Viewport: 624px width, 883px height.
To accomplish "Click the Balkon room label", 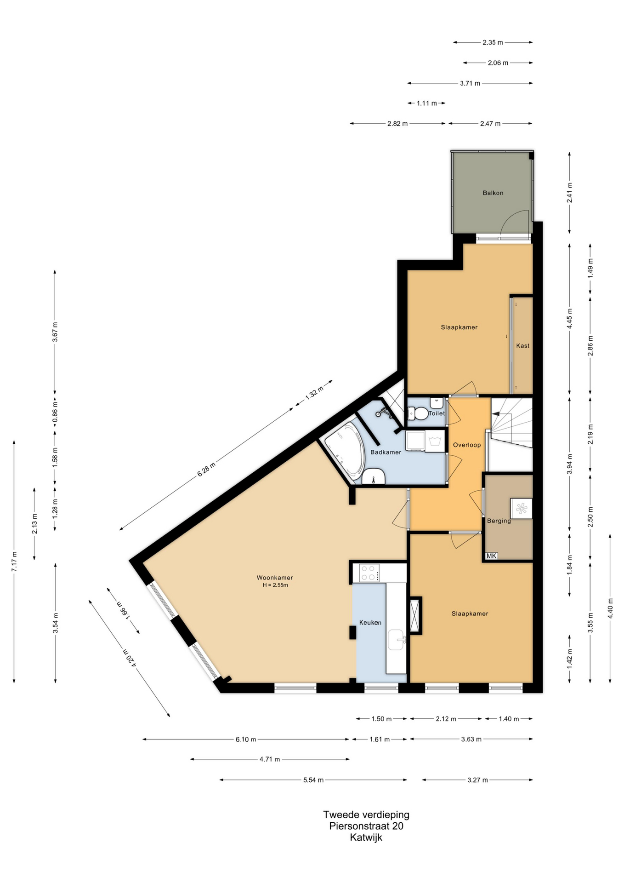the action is pyautogui.click(x=493, y=193).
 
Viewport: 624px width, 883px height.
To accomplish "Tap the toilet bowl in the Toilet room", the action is pyautogui.click(x=415, y=413).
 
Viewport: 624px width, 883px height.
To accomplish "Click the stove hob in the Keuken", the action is pyautogui.click(x=369, y=573).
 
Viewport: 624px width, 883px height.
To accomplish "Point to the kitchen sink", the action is pyautogui.click(x=396, y=639).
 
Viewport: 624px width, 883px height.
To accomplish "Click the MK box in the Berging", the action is pyautogui.click(x=491, y=556).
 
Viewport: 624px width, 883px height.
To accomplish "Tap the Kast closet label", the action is pyautogui.click(x=522, y=345).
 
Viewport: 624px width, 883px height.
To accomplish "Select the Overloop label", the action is pyautogui.click(x=467, y=445).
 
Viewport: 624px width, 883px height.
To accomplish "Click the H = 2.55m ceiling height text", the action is pyautogui.click(x=275, y=585).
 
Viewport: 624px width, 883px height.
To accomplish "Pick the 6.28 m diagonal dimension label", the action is pyautogui.click(x=206, y=470).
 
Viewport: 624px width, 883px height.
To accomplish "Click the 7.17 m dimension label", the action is pyautogui.click(x=14, y=562).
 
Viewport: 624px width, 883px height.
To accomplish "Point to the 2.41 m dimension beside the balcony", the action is pyautogui.click(x=569, y=193).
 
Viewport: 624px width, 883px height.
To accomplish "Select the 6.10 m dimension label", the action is pyautogui.click(x=246, y=739).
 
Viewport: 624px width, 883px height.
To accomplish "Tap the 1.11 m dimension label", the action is pyautogui.click(x=426, y=103).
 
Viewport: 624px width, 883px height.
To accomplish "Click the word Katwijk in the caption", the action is pyautogui.click(x=366, y=837).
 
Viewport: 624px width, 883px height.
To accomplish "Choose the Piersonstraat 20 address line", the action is pyautogui.click(x=366, y=826).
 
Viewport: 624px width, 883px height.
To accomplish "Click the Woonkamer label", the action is pyautogui.click(x=275, y=578).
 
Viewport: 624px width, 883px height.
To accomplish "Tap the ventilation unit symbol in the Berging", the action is pyautogui.click(x=522, y=509).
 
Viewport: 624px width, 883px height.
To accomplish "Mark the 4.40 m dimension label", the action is pyautogui.click(x=610, y=608).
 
